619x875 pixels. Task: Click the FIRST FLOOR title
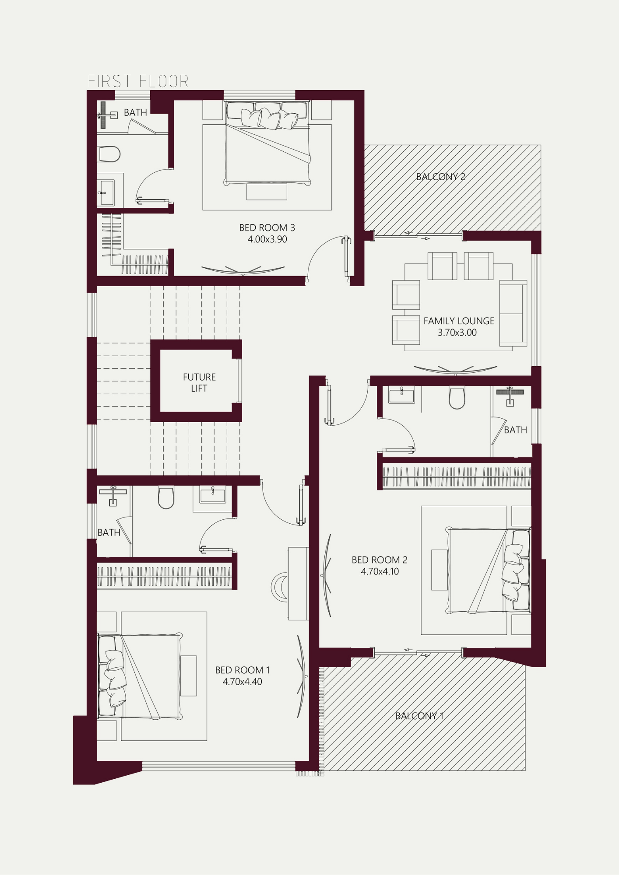coord(138,81)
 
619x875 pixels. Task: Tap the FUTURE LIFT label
coord(199,382)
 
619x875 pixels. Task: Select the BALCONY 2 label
coord(440,177)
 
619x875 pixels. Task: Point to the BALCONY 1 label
coord(419,716)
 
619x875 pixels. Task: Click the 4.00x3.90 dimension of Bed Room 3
coord(267,239)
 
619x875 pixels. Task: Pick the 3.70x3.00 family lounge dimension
coord(457,332)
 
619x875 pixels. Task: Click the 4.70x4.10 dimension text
coord(380,571)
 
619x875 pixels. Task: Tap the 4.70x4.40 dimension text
coord(242,682)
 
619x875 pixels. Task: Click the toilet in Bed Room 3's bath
coord(109,154)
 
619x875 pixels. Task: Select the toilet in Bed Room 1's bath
coord(166,498)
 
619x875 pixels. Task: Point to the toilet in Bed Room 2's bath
coord(457,398)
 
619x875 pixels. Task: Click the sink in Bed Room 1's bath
coord(213,496)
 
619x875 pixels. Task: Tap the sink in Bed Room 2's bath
coord(401,395)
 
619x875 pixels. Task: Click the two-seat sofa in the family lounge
coord(513,313)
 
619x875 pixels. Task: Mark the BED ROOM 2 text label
coord(380,560)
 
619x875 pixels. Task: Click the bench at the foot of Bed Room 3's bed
coord(267,192)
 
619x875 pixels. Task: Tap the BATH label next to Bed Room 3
coord(135,112)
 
